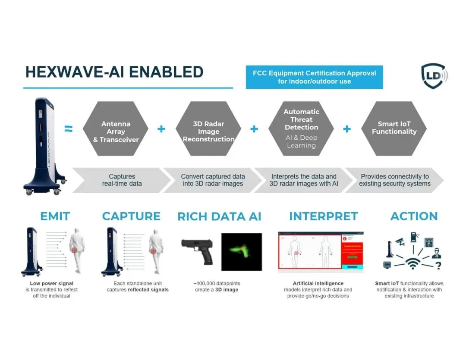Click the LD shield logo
coord(433,76)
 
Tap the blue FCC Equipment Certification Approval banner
coord(314,77)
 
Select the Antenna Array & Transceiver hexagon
coord(115,131)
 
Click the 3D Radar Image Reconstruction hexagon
coord(208,131)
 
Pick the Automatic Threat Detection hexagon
coord(301,128)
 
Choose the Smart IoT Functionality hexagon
coord(394,128)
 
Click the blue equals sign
coord(69,128)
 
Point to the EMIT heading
coord(55,216)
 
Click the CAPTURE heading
coord(131,216)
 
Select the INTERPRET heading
coord(323,216)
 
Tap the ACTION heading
coord(414,216)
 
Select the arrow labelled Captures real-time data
coord(122,180)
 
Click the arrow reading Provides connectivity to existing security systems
coord(394,180)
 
